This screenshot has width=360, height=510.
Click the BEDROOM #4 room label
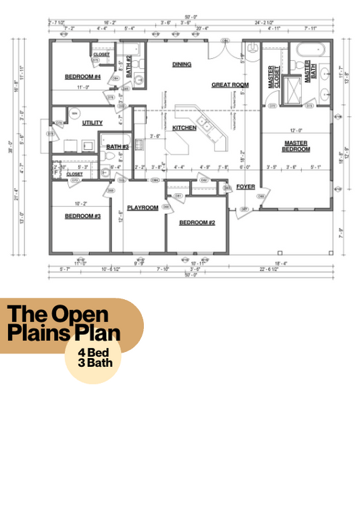(x=83, y=77)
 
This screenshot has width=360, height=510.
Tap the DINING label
(x=182, y=65)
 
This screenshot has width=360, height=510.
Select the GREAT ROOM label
(x=230, y=85)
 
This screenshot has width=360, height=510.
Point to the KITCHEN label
(x=184, y=128)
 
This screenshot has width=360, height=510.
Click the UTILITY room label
(x=92, y=123)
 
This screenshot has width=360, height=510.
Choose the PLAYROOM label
(x=143, y=208)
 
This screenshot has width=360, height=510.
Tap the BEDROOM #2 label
(x=197, y=222)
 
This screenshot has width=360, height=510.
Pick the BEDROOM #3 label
(x=83, y=216)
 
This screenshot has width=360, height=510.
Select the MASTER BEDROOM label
(x=297, y=146)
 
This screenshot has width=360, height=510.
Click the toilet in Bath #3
(x=111, y=156)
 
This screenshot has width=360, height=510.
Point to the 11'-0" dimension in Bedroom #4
(x=83, y=87)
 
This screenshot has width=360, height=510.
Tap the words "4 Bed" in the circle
(x=95, y=352)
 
